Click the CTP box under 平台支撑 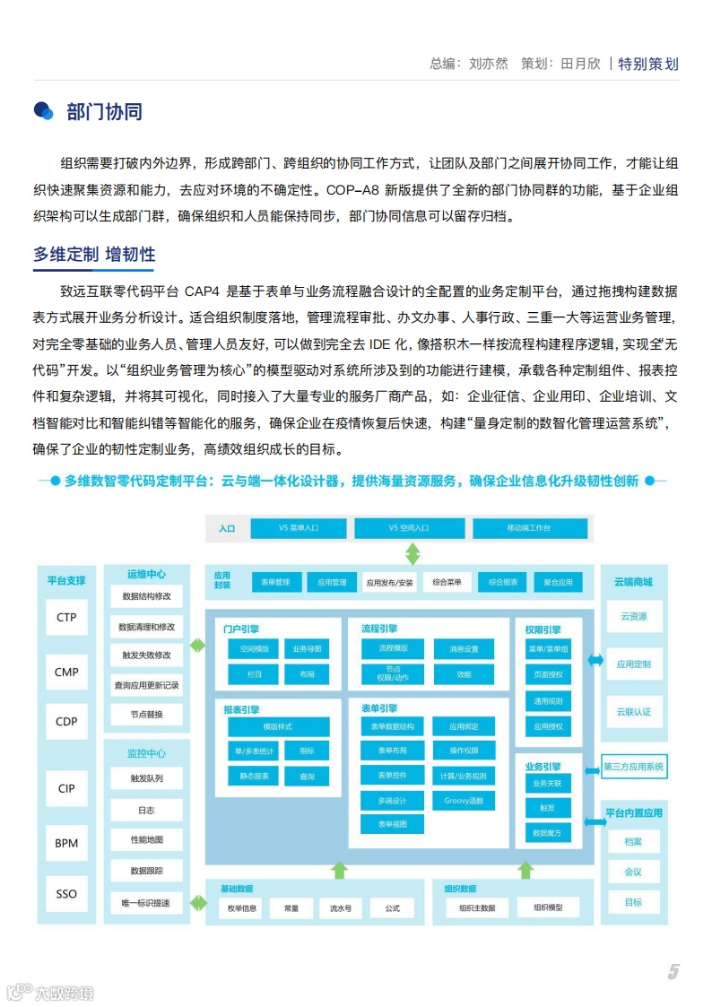(66, 617)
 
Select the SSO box (66, 893)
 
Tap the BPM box (66, 843)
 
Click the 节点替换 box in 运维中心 (147, 714)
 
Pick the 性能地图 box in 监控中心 (147, 839)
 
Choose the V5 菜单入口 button (298, 528)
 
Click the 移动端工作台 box (529, 528)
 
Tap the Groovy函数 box (464, 800)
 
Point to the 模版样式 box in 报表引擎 (277, 726)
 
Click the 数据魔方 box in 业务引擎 (547, 833)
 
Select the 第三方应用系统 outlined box (633, 767)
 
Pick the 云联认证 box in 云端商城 (634, 712)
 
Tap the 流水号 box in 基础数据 (341, 908)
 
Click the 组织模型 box (548, 907)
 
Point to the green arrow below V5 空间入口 (412, 552)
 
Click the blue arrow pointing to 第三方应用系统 (593, 768)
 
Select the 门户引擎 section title (241, 629)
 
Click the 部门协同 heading (104, 111)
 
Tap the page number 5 (673, 972)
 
